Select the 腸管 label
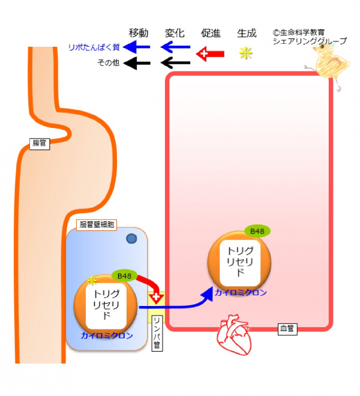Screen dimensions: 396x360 point(40,143)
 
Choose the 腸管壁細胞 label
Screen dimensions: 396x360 point(97,225)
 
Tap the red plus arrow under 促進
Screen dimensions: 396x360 point(210,53)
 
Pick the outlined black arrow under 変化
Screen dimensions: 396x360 point(175,62)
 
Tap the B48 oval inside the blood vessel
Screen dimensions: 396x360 point(257,231)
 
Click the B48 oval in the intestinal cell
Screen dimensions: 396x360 point(124,275)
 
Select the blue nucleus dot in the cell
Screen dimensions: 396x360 point(131,239)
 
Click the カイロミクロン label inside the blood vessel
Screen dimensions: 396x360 point(241,293)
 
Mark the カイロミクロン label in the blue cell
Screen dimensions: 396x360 point(107,335)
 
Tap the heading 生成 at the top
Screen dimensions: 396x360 point(247,32)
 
